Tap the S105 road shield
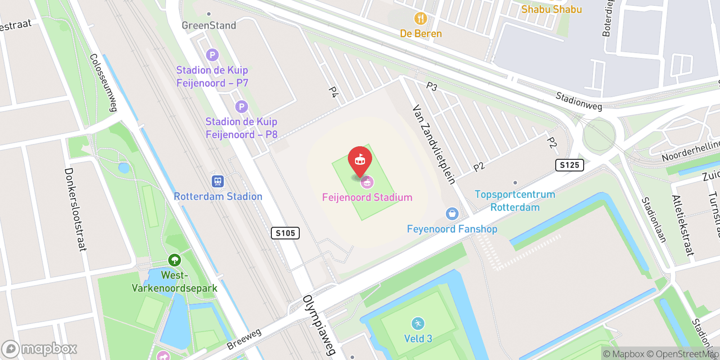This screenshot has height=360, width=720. (285, 233)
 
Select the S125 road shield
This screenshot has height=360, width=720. (569, 165)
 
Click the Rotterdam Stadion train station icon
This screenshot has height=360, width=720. (218, 181)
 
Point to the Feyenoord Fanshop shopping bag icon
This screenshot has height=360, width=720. (452, 214)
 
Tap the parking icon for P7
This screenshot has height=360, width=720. (212, 55)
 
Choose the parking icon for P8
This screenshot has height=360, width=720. (242, 107)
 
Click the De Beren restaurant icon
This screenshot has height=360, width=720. (420, 18)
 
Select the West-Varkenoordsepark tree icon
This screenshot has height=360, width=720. (174, 260)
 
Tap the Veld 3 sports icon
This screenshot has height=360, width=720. (418, 324)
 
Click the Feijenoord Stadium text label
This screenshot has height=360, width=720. (367, 197)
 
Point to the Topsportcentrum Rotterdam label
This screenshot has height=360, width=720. (515, 201)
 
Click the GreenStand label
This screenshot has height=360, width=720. (209, 25)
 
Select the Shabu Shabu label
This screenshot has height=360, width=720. (551, 9)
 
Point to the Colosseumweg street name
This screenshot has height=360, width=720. (103, 83)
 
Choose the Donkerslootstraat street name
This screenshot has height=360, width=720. (75, 209)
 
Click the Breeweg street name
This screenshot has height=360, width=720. (244, 339)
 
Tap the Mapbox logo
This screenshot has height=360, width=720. (40, 349)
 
